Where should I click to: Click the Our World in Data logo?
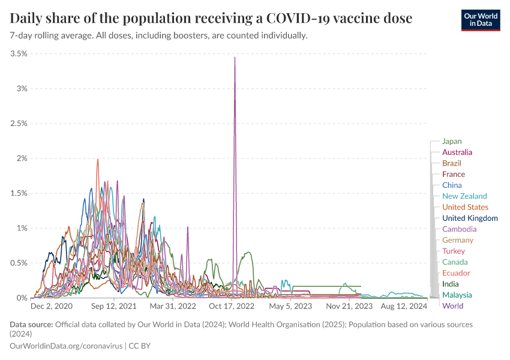480,20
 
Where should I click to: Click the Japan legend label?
452,142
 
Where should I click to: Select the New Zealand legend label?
464,196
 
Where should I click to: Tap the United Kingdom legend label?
470,218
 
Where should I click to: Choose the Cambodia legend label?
459,229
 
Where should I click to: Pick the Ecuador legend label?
456,273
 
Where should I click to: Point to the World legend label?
452,306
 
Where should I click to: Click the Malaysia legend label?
457,295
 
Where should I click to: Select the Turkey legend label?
453,251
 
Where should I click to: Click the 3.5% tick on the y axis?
19,53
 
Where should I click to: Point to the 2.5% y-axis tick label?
19,124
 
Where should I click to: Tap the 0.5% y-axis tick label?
19,263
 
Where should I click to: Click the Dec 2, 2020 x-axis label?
51,306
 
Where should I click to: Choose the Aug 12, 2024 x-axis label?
403,306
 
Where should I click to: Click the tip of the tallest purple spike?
235,57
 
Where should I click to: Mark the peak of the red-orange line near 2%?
98,159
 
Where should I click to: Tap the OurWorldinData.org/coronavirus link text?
66,346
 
